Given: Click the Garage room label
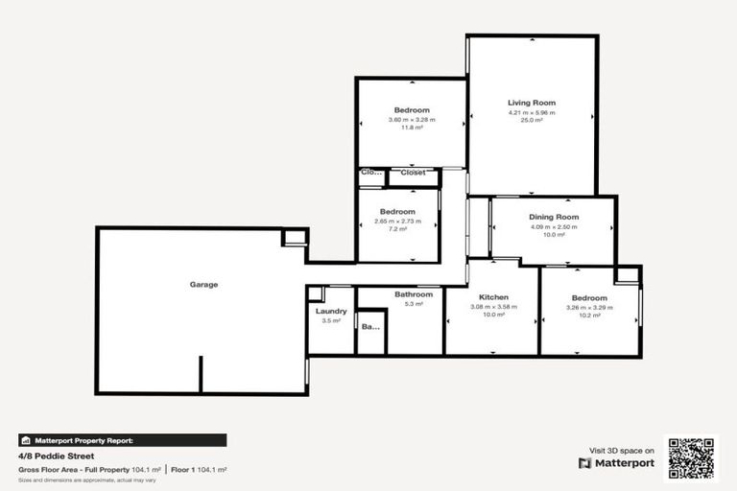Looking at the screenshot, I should pos(203,285).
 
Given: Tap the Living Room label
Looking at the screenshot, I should pos(532,103).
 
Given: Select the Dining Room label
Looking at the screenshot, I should pos(554,218).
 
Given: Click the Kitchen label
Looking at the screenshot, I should pos(493,297).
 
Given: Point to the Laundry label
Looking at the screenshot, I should pos(331,311).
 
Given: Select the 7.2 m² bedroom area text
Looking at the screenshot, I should pos(397,229).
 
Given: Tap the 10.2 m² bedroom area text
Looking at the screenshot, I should pos(589,316).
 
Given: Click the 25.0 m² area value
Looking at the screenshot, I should pos(532,121).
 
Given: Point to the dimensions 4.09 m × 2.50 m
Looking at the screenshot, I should pos(554,226).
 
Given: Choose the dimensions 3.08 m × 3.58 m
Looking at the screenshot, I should pos(493,307).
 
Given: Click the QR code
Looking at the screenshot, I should pos(691,459).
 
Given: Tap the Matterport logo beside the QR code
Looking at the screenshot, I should pos(616,462).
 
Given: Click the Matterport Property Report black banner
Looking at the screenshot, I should pos(123,440).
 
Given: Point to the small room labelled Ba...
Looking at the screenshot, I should pos(370,327).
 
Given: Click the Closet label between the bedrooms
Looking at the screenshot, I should pos(414,173).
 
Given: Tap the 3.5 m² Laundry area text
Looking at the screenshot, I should pos(331,320).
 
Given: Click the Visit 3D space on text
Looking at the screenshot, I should pos(621,450).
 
